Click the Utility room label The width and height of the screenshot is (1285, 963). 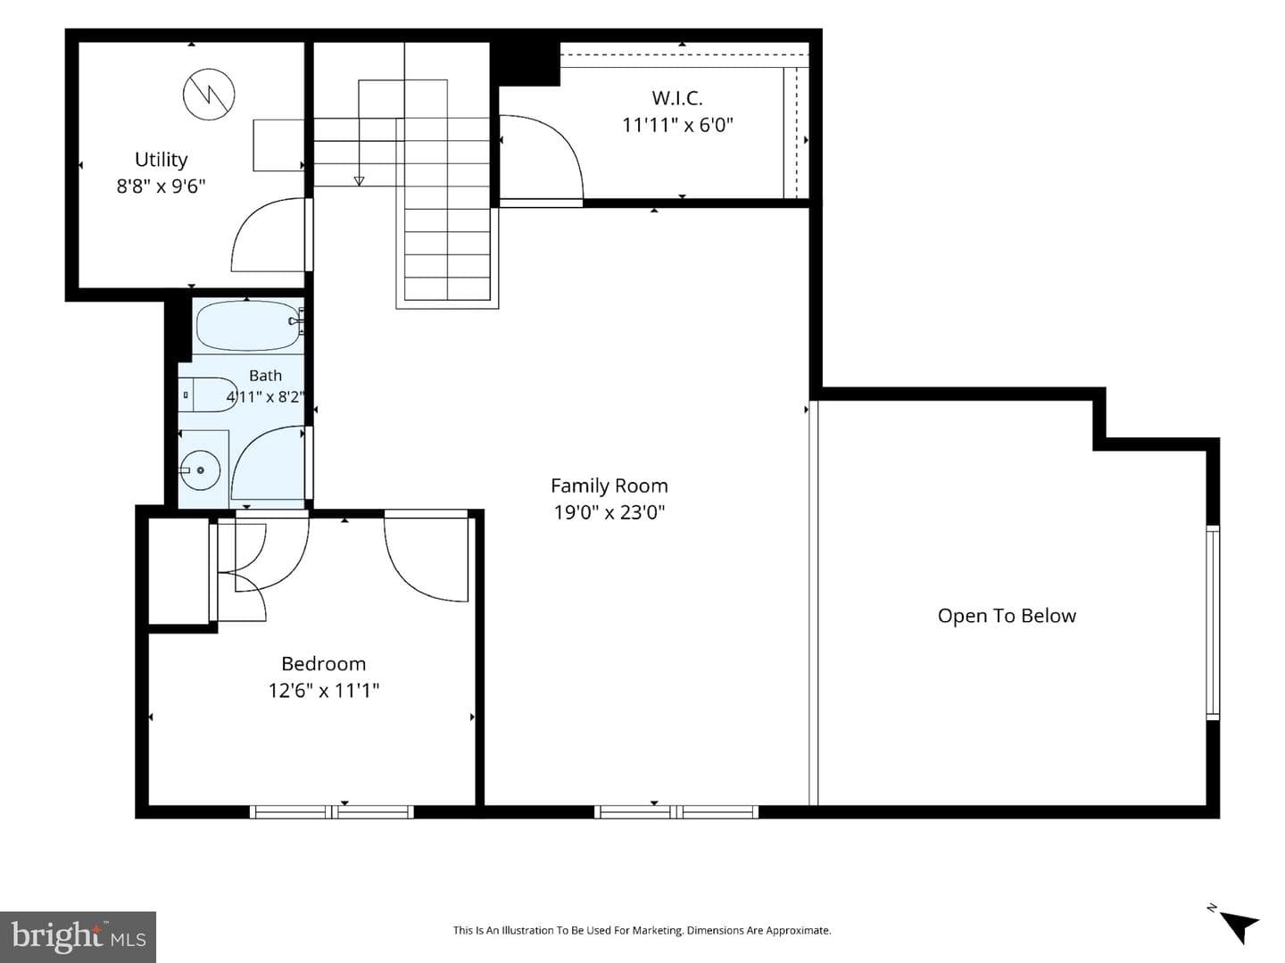[161, 160]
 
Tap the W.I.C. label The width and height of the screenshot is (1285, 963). [677, 98]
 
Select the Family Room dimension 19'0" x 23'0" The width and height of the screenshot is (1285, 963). [609, 513]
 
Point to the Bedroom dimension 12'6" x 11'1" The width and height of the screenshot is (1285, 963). [324, 691]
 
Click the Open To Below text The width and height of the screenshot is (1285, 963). [1007, 616]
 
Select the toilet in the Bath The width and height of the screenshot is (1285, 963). [207, 394]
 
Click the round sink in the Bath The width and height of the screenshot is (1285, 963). [200, 470]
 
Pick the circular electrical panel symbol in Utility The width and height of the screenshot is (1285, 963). [209, 95]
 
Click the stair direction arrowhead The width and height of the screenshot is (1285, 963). [359, 181]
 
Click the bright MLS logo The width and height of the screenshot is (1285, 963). [78, 936]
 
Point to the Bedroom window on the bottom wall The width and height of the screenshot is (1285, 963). [332, 812]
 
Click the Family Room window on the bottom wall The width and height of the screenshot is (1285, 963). [676, 812]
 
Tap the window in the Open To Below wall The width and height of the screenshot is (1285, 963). [1213, 622]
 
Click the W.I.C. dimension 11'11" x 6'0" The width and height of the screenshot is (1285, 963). [677, 125]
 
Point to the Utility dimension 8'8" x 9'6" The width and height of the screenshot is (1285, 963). [161, 187]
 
